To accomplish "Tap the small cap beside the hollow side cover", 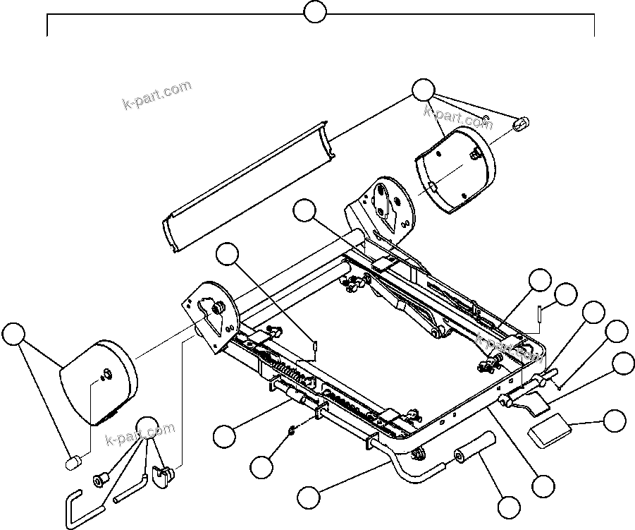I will tap(521, 124).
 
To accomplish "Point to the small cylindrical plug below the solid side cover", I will tap(73, 463).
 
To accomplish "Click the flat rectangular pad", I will tap(550, 427).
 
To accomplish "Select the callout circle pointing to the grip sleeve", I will tap(509, 507).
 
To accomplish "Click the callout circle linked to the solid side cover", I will tap(13, 335).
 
